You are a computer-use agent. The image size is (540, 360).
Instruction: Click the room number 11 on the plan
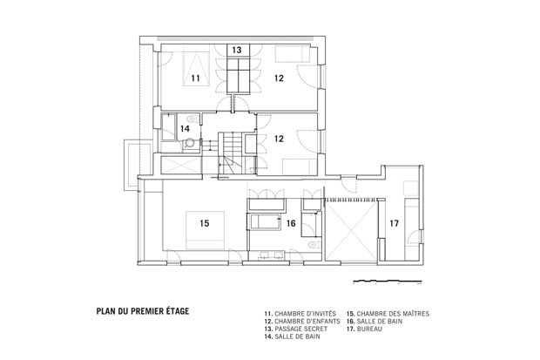pyautogui.click(x=196, y=78)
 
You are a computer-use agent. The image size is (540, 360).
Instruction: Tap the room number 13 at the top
pyautogui.click(x=237, y=50)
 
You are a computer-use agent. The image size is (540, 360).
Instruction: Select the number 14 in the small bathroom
pyautogui.click(x=185, y=129)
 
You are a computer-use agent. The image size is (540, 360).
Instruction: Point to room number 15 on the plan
pyautogui.click(x=205, y=223)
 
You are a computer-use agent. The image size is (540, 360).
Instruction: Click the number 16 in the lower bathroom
pyautogui.click(x=291, y=223)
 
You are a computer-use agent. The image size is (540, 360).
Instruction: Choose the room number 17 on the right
pyautogui.click(x=394, y=223)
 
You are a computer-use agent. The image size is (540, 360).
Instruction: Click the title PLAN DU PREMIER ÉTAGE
pyautogui.click(x=143, y=311)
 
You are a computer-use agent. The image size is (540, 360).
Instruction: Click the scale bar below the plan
pyautogui.click(x=388, y=282)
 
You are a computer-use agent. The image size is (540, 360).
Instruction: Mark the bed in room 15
pyautogui.click(x=205, y=230)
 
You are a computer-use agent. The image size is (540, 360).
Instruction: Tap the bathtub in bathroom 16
pyautogui.click(x=265, y=221)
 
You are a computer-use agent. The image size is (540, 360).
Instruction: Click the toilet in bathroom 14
pyautogui.click(x=193, y=119)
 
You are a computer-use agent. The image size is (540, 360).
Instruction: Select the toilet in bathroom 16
pyautogui.click(x=314, y=245)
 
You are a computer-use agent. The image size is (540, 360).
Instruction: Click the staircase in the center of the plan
pyautogui.click(x=233, y=153)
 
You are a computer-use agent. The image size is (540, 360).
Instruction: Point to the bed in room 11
pyautogui.click(x=196, y=68)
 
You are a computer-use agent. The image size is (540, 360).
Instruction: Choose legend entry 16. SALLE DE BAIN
pyautogui.click(x=375, y=322)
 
